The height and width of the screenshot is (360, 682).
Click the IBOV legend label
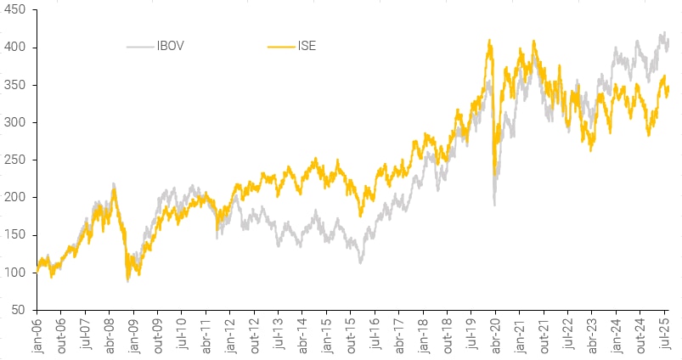point(172,46)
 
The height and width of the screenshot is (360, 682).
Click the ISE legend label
point(306,46)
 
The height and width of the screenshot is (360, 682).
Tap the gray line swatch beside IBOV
point(140,46)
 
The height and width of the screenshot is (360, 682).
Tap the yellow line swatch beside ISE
point(279,46)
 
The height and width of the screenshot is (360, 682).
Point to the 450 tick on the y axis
point(16,10)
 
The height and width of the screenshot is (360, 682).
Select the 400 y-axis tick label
point(16,48)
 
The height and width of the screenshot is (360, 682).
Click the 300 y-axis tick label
point(16,122)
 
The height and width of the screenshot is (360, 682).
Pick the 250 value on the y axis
point(16,160)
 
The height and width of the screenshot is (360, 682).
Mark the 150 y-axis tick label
point(16,234)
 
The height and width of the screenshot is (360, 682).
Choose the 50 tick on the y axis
point(19,309)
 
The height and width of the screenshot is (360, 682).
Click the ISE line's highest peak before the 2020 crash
point(489,40)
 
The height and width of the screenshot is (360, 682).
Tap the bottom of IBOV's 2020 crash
point(494,205)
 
